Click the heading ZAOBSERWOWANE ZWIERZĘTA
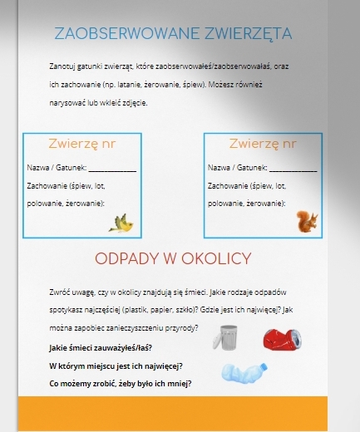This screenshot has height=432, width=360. pyautogui.click(x=172, y=33)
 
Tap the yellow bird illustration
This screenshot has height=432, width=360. pyautogui.click(x=122, y=223)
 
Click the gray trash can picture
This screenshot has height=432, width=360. pyautogui.click(x=229, y=339)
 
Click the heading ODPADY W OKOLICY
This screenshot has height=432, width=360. pyautogui.click(x=173, y=259)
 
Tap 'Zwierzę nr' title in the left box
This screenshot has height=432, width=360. pyautogui.click(x=82, y=144)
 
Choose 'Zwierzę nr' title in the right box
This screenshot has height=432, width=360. pyautogui.click(x=263, y=144)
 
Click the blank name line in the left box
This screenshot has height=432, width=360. pyautogui.click(x=117, y=169)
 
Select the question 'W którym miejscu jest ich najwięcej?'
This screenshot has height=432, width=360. pyautogui.click(x=116, y=366)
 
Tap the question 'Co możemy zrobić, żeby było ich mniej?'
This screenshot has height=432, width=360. pyautogui.click(x=121, y=384)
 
